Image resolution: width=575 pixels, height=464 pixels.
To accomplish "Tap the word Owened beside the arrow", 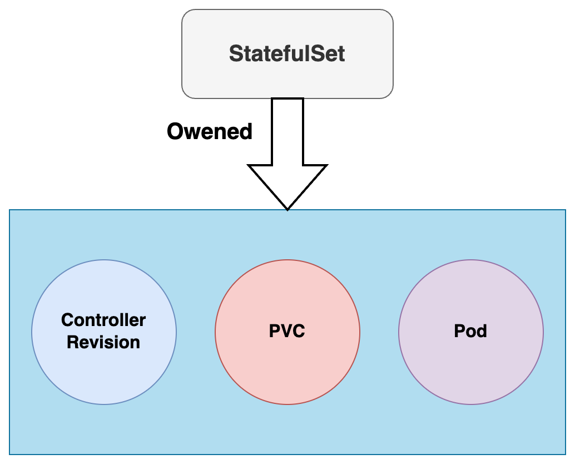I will [x=210, y=132].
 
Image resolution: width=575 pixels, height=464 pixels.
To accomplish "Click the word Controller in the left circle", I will [x=103, y=320].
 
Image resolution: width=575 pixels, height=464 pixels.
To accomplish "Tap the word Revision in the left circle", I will [x=103, y=342].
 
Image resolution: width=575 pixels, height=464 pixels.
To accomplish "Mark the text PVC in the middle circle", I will [x=287, y=332].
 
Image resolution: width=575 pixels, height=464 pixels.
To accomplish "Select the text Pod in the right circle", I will [x=471, y=332].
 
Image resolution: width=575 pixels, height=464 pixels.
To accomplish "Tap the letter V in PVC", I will [x=287, y=332].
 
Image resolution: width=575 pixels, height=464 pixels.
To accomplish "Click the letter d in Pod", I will [x=482, y=332].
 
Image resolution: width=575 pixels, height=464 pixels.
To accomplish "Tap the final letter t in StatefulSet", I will [x=341, y=54].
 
